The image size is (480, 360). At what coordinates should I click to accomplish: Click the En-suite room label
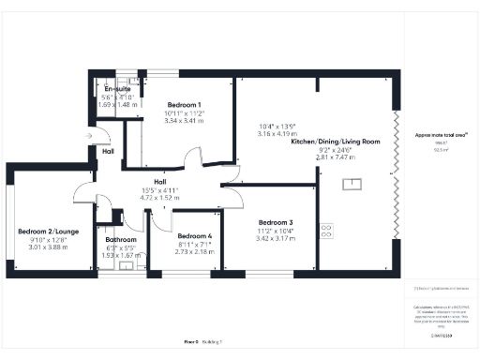116,89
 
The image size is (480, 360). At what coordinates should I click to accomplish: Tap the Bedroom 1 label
184,105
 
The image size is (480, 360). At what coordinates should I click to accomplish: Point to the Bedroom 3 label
276,223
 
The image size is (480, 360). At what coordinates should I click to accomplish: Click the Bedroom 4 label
195,236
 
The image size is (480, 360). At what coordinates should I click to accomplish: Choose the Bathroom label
121,239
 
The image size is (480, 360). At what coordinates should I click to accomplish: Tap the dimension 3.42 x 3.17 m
276,239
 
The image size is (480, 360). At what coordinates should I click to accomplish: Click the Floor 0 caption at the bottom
190,343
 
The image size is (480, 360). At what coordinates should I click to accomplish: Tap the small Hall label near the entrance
109,151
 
